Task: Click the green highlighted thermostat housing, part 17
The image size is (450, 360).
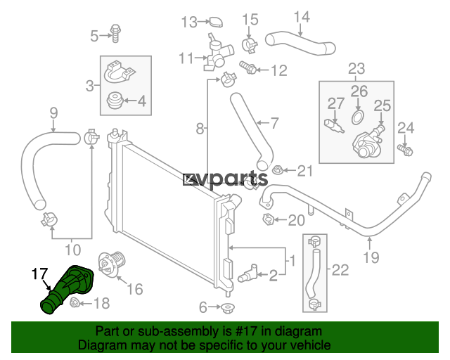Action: click(67, 288)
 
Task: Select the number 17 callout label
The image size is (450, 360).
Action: click(39, 274)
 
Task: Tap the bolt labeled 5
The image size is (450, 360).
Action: click(115, 34)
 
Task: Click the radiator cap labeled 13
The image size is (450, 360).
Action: click(215, 22)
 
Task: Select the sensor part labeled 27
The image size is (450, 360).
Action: click(335, 127)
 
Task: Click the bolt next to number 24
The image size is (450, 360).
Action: click(405, 150)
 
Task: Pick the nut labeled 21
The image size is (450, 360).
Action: click(277, 170)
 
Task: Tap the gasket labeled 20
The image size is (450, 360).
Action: click(268, 219)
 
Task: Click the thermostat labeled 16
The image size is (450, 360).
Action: click(111, 262)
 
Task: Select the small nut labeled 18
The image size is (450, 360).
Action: click(75, 302)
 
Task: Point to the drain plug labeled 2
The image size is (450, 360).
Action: click(247, 274)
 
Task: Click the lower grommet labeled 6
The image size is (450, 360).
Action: click(227, 308)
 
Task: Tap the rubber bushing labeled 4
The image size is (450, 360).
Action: click(115, 100)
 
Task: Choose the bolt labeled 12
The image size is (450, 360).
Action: click(248, 67)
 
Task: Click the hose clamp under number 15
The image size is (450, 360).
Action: click(250, 45)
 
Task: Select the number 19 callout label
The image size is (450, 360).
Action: click(371, 257)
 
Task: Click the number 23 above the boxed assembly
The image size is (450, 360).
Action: click(356, 69)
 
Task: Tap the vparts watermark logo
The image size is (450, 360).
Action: click(225, 180)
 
